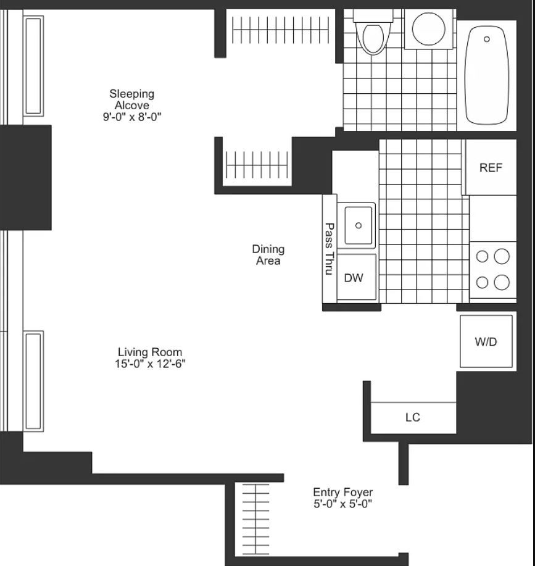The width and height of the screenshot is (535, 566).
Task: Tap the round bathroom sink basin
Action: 428,29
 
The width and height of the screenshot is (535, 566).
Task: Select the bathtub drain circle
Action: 486,39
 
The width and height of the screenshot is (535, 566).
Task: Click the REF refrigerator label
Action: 491,167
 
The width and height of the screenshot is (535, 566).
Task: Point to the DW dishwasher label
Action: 354,278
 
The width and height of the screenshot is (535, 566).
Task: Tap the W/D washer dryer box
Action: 486,341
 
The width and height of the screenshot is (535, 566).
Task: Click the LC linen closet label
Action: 413,417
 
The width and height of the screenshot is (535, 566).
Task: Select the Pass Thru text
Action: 329,249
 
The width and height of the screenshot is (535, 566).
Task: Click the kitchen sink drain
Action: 359,225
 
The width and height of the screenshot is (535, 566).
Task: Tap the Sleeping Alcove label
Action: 131,99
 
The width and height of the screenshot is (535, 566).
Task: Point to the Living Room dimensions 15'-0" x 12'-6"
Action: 150,364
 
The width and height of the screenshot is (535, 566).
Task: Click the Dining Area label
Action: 268,255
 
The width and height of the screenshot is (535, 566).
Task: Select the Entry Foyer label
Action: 342,492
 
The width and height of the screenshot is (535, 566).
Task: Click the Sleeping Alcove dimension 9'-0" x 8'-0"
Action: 131,117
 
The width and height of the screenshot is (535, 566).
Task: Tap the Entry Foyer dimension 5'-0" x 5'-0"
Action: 342,504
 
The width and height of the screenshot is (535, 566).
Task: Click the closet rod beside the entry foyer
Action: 255,519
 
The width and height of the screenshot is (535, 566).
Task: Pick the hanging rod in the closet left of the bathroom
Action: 281,30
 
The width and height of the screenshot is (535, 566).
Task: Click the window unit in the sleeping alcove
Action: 33,66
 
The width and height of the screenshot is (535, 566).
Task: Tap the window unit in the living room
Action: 33,381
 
